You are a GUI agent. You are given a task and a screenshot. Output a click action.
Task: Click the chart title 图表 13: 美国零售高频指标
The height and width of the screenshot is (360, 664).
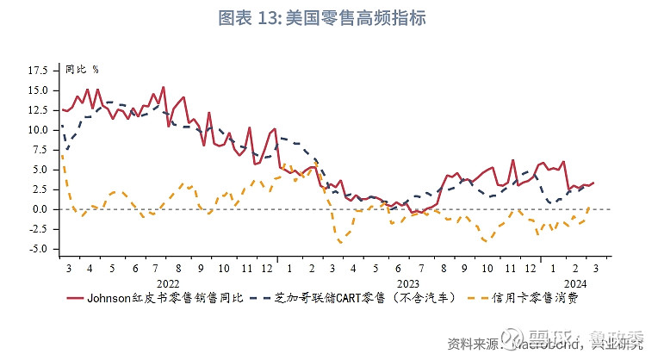(332, 17)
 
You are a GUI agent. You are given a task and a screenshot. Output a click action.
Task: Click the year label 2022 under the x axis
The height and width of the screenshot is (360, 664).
(169, 282)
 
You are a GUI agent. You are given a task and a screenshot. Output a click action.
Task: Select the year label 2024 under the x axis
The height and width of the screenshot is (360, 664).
(576, 282)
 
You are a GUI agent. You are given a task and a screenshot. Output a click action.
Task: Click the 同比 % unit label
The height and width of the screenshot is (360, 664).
(83, 69)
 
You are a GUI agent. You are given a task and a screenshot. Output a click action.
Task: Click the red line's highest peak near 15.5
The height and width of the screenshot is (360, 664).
(163, 87)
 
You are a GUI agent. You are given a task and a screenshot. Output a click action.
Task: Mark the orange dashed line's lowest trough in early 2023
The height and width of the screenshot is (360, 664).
(341, 242)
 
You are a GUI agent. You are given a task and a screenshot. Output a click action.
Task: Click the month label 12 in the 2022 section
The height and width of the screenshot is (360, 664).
(269, 267)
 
